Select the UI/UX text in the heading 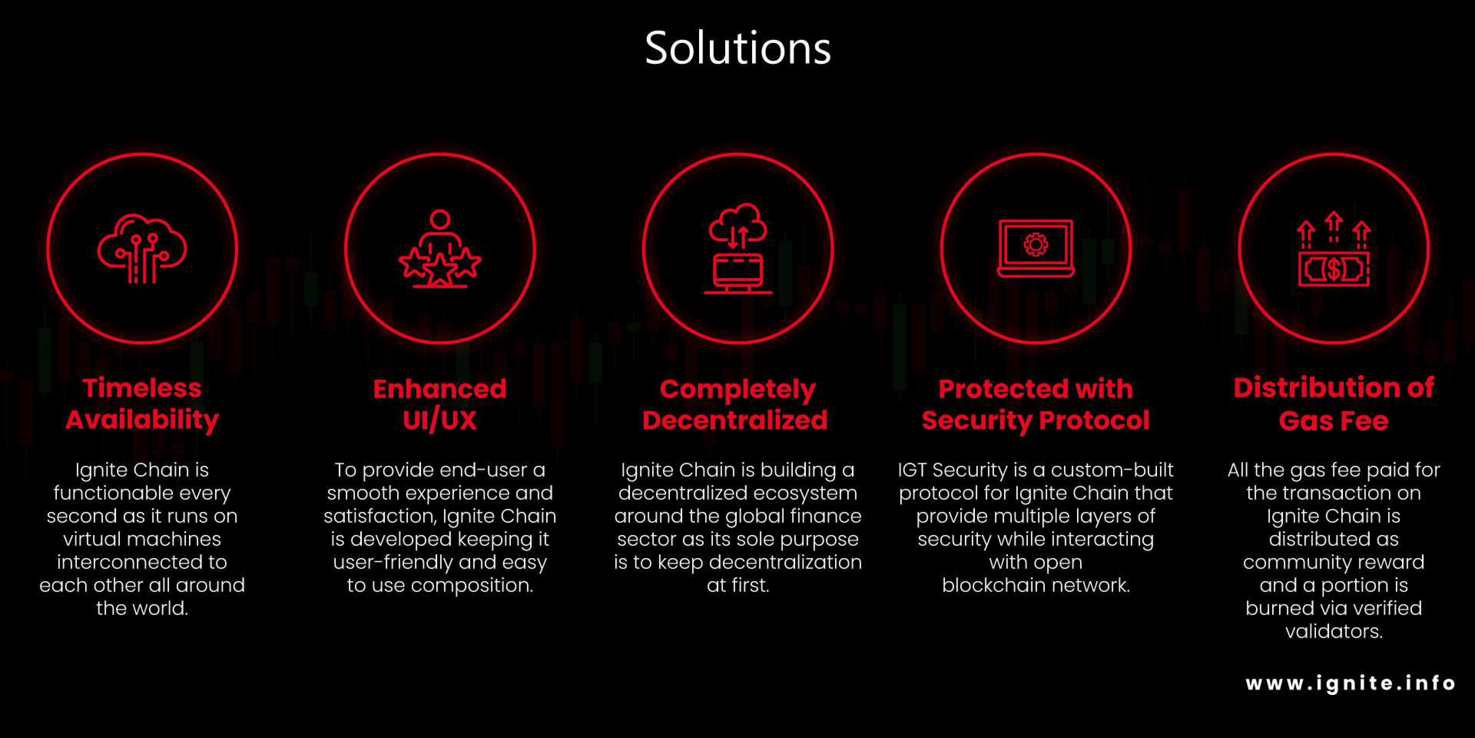tap(440, 420)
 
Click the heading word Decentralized tap(735, 420)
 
